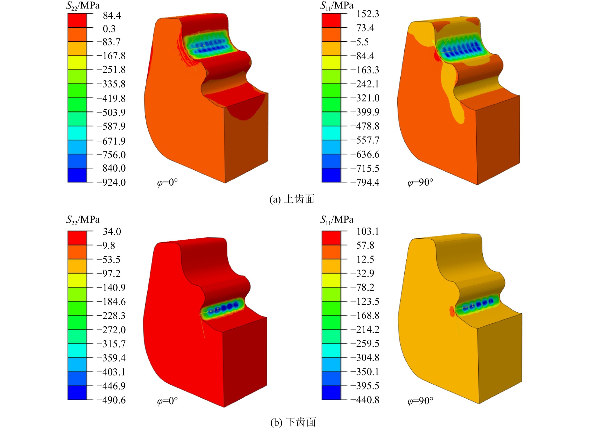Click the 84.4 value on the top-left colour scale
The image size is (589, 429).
pyautogui.click(x=112, y=16)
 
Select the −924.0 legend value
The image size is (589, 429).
pyautogui.click(x=111, y=183)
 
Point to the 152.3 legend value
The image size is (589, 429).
pyautogui.click(x=368, y=14)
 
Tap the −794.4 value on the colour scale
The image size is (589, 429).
pyautogui.click(x=365, y=183)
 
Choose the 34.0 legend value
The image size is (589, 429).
pyautogui.click(x=112, y=231)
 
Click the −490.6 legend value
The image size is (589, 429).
pyautogui.click(x=111, y=400)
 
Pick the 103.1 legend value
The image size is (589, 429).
pyautogui.click(x=368, y=231)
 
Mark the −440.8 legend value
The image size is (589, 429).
pyautogui.click(x=365, y=400)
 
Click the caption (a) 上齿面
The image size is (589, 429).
pyautogui.click(x=292, y=199)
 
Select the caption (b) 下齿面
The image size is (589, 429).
pyautogui.click(x=293, y=422)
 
